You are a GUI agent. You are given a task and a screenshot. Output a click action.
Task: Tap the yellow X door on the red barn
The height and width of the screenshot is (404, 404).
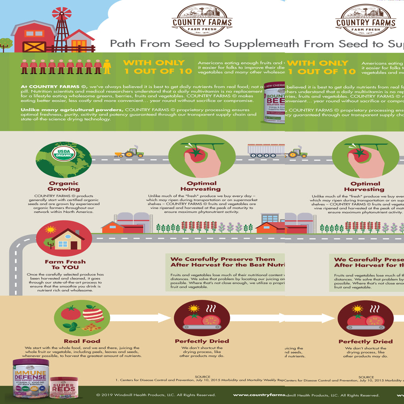(34, 46)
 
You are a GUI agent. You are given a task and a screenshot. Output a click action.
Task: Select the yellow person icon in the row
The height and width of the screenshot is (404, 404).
(107, 67)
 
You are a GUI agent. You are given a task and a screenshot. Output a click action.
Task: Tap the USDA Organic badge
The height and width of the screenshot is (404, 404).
(64, 154)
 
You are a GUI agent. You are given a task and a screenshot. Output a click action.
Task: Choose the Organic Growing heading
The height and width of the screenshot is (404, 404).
(64, 186)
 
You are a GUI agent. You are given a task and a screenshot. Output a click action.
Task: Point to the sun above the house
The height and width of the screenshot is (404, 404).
(50, 229)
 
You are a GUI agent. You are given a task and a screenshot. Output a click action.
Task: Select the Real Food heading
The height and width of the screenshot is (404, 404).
(82, 341)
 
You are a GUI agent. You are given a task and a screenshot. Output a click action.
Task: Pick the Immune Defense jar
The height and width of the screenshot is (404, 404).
(31, 378)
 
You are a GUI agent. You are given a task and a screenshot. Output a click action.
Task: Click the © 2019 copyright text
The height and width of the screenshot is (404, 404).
(156, 395)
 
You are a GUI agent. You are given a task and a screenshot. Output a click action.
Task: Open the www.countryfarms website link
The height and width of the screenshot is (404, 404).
(259, 395)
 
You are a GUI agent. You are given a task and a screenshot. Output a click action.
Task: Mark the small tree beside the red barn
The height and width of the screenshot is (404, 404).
(6, 43)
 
